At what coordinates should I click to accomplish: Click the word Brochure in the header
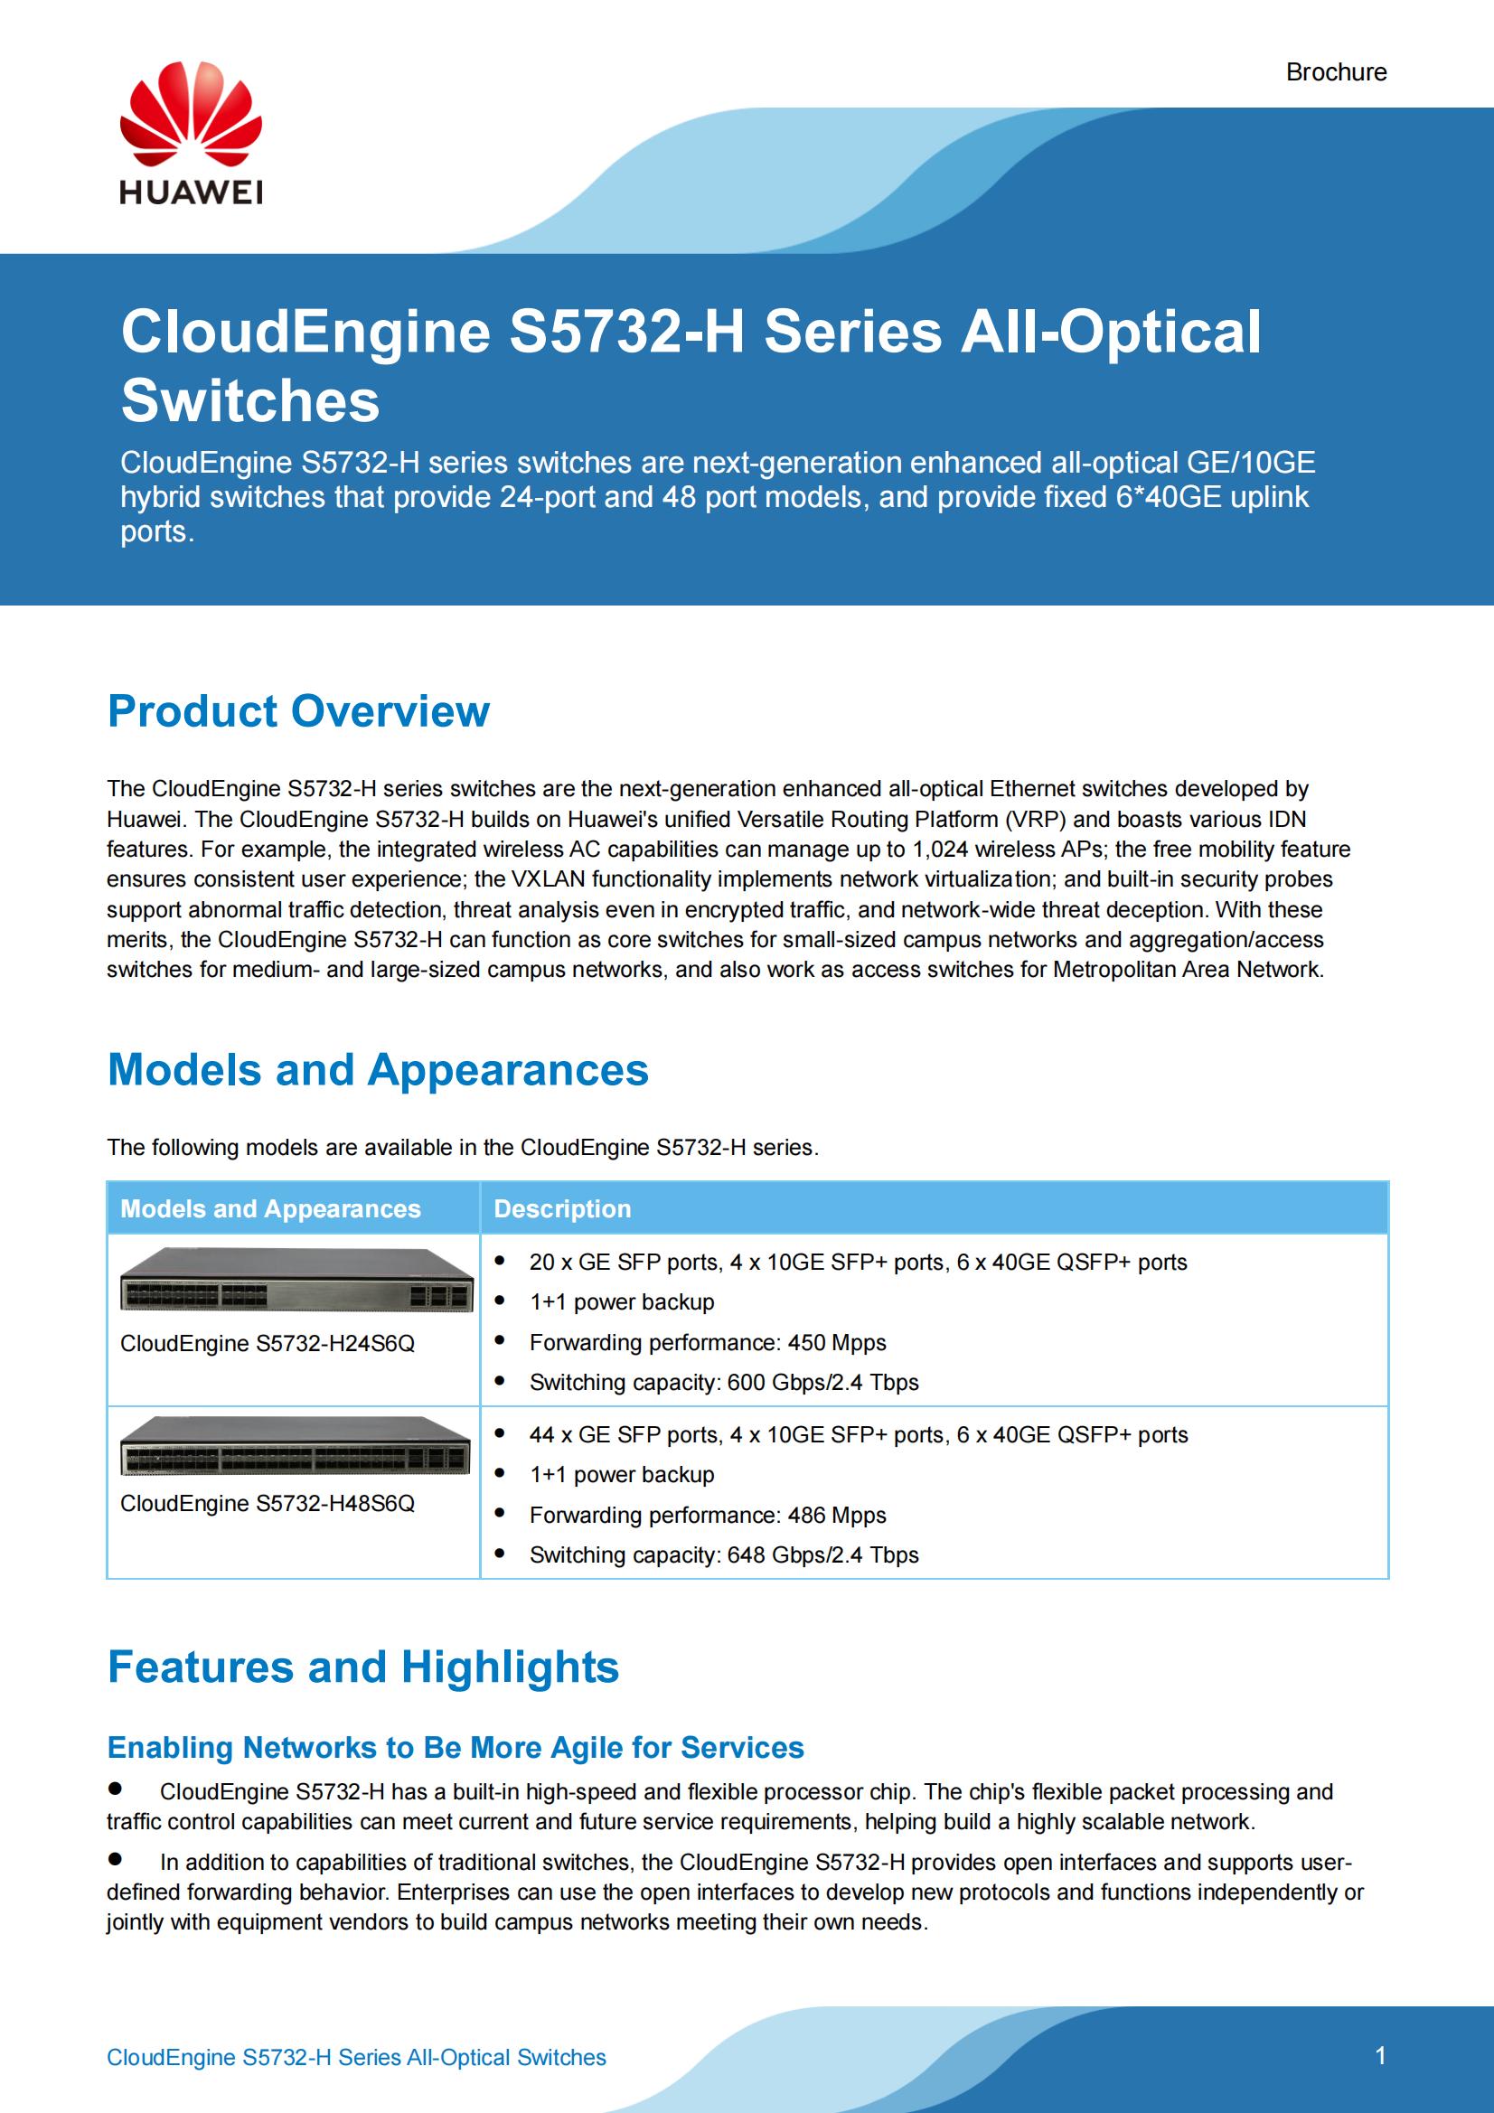(1336, 71)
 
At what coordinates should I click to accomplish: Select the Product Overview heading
(298, 711)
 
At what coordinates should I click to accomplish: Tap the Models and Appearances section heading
(378, 1070)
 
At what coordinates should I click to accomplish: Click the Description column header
(562, 1208)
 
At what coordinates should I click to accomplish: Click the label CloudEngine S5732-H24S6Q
(267, 1344)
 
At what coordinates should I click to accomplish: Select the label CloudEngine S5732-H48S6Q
(267, 1503)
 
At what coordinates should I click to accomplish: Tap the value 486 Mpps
(837, 1515)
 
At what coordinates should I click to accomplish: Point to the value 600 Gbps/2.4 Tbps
(823, 1382)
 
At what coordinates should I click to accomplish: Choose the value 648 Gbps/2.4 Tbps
(823, 1554)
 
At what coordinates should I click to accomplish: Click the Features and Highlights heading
(362, 1667)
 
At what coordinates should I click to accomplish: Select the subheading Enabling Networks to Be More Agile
(456, 1748)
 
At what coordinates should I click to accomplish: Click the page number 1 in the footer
(1380, 2056)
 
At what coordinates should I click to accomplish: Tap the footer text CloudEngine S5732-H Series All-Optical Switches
(356, 2058)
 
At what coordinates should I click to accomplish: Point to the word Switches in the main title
(250, 400)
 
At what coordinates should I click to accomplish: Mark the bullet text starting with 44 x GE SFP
(858, 1435)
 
